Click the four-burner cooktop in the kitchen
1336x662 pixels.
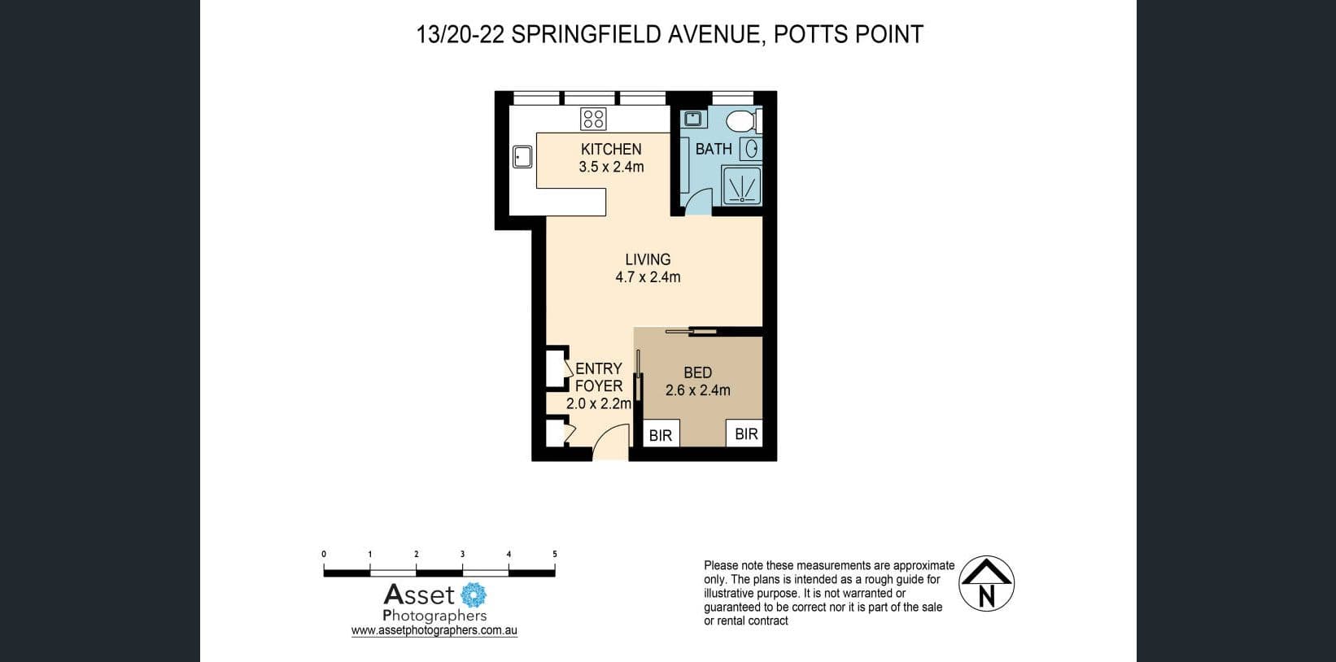[592, 119]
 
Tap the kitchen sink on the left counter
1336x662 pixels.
[522, 156]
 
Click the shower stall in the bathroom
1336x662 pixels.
[742, 186]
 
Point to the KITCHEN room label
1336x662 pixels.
[611, 149]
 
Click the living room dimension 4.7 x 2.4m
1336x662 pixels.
[648, 277]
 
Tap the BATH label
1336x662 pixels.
[714, 149]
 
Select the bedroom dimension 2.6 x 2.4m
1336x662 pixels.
[697, 390]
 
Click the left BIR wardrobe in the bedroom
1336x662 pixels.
[661, 435]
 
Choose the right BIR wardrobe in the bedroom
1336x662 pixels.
[746, 433]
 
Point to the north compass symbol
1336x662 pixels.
[986, 584]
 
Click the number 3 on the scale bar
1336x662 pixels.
[462, 554]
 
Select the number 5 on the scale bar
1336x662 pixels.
[555, 554]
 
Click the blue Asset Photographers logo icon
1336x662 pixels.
[474, 595]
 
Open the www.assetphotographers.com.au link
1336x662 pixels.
[434, 630]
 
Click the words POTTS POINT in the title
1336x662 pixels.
[848, 34]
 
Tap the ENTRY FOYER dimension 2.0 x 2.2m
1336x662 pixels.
[599, 403]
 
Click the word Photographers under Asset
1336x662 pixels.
[434, 616]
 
